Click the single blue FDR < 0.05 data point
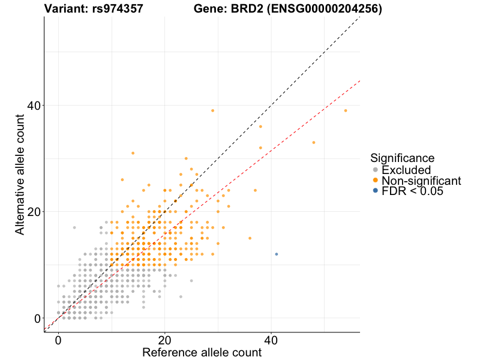[277, 254]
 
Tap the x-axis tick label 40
[271, 339]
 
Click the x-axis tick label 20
[165, 339]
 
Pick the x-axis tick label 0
[58, 339]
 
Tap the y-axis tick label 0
[37, 318]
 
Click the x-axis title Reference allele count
[202, 352]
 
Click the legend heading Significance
[403, 158]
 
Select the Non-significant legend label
[421, 181]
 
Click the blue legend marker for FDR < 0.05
[376, 191]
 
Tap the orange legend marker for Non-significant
[376, 181]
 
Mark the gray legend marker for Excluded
[376, 170]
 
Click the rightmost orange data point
[346, 110]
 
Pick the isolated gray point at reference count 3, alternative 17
[74, 227]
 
